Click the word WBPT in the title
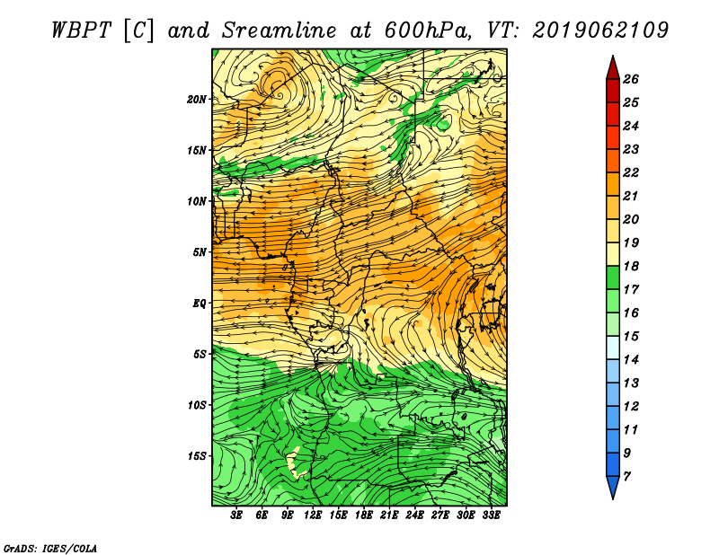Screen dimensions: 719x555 click(81, 31)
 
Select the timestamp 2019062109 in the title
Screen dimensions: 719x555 click(600, 31)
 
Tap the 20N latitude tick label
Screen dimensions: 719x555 click(197, 100)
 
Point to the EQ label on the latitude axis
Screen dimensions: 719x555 click(200, 304)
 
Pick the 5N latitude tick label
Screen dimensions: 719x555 click(200, 252)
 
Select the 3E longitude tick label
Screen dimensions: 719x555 click(236, 515)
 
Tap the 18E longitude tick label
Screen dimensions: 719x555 click(364, 515)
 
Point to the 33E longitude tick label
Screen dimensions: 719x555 click(491, 515)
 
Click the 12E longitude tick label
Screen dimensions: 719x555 click(313, 515)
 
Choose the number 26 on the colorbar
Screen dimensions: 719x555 click(631, 79)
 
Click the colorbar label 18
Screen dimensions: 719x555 click(631, 266)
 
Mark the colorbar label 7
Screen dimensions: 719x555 click(626, 477)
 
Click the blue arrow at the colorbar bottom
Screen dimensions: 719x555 click(613, 486)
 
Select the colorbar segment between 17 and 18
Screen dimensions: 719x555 click(613, 277)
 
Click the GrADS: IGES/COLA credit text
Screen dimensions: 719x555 click(50, 549)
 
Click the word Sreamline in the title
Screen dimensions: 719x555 click(280, 31)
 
